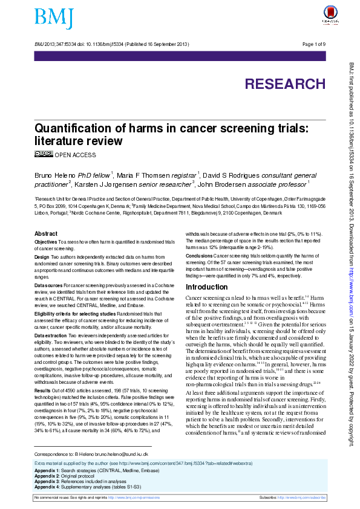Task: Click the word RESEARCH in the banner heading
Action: tap(284, 84)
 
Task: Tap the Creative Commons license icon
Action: tap(43, 154)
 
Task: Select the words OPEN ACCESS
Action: tap(75, 155)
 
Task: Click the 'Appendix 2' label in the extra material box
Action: tap(46, 475)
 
